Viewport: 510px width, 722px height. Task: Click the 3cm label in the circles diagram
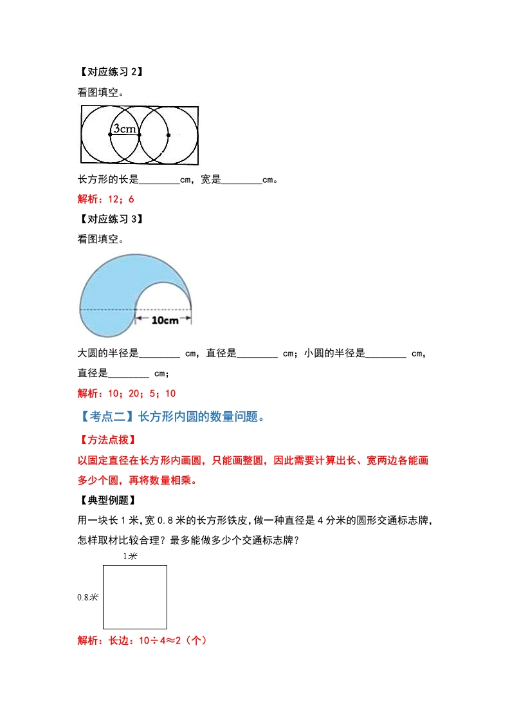pyautogui.click(x=125, y=129)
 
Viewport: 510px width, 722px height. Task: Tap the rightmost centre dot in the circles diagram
pyautogui.click(x=168, y=135)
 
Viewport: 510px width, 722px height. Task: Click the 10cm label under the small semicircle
pyautogui.click(x=165, y=320)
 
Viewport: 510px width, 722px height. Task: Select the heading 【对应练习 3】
pyautogui.click(x=110, y=219)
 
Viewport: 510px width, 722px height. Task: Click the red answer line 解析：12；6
pyautogui.click(x=105, y=199)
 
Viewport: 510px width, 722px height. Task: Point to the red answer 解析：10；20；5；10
pyautogui.click(x=127, y=393)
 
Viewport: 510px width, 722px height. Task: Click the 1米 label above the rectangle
pyautogui.click(x=131, y=556)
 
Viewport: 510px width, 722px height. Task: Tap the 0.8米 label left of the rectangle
pyautogui.click(x=87, y=597)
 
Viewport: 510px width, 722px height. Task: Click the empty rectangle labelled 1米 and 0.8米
pyautogui.click(x=135, y=597)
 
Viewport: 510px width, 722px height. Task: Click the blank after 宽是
pyautogui.click(x=241, y=181)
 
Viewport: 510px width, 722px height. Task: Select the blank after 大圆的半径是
pyautogui.click(x=159, y=353)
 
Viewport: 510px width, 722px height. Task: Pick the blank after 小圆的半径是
pyautogui.click(x=385, y=353)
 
